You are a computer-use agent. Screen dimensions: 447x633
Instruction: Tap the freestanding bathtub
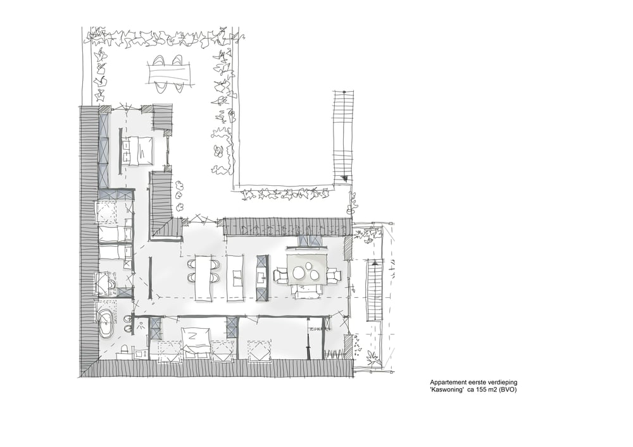pos(106,321)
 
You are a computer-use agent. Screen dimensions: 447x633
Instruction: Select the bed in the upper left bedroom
pos(138,150)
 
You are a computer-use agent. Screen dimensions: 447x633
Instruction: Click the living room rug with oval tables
pos(308,271)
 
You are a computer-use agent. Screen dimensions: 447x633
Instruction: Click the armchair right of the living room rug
pos(333,275)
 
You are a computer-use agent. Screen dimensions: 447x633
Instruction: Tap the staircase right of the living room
pos(374,291)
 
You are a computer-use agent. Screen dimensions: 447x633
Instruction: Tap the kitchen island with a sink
pos(236,276)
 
